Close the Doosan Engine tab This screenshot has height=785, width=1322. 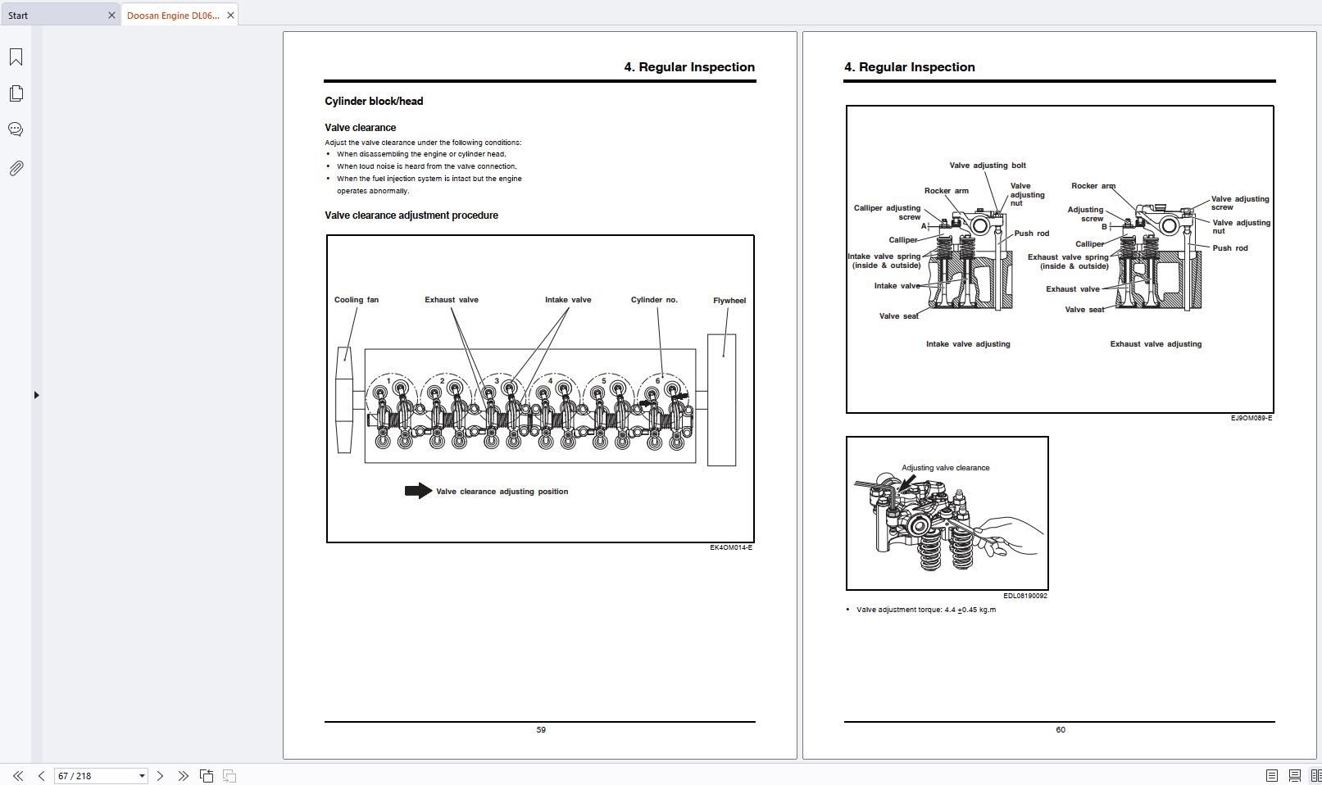(231, 16)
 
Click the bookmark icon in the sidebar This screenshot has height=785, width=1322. (16, 57)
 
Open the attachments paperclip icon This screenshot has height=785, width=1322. (16, 168)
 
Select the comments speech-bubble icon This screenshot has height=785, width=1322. (16, 129)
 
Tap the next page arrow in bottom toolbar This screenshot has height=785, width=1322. (160, 775)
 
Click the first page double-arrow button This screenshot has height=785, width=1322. (18, 775)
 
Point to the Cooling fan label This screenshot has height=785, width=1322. (357, 300)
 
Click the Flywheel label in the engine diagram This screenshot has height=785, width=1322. (729, 301)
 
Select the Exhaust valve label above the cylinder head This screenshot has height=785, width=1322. (452, 300)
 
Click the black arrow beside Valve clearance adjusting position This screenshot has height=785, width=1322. (419, 491)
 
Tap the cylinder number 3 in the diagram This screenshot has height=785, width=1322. (497, 381)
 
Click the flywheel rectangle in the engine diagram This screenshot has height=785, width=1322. (722, 400)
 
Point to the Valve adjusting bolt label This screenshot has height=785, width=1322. (988, 166)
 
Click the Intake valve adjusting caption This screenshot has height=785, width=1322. (968, 344)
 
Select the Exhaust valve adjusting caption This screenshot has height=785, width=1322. (1156, 344)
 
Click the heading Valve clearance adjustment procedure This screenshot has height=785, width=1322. (411, 216)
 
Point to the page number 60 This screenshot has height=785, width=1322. (1061, 730)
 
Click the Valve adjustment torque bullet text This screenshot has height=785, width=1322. (926, 610)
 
